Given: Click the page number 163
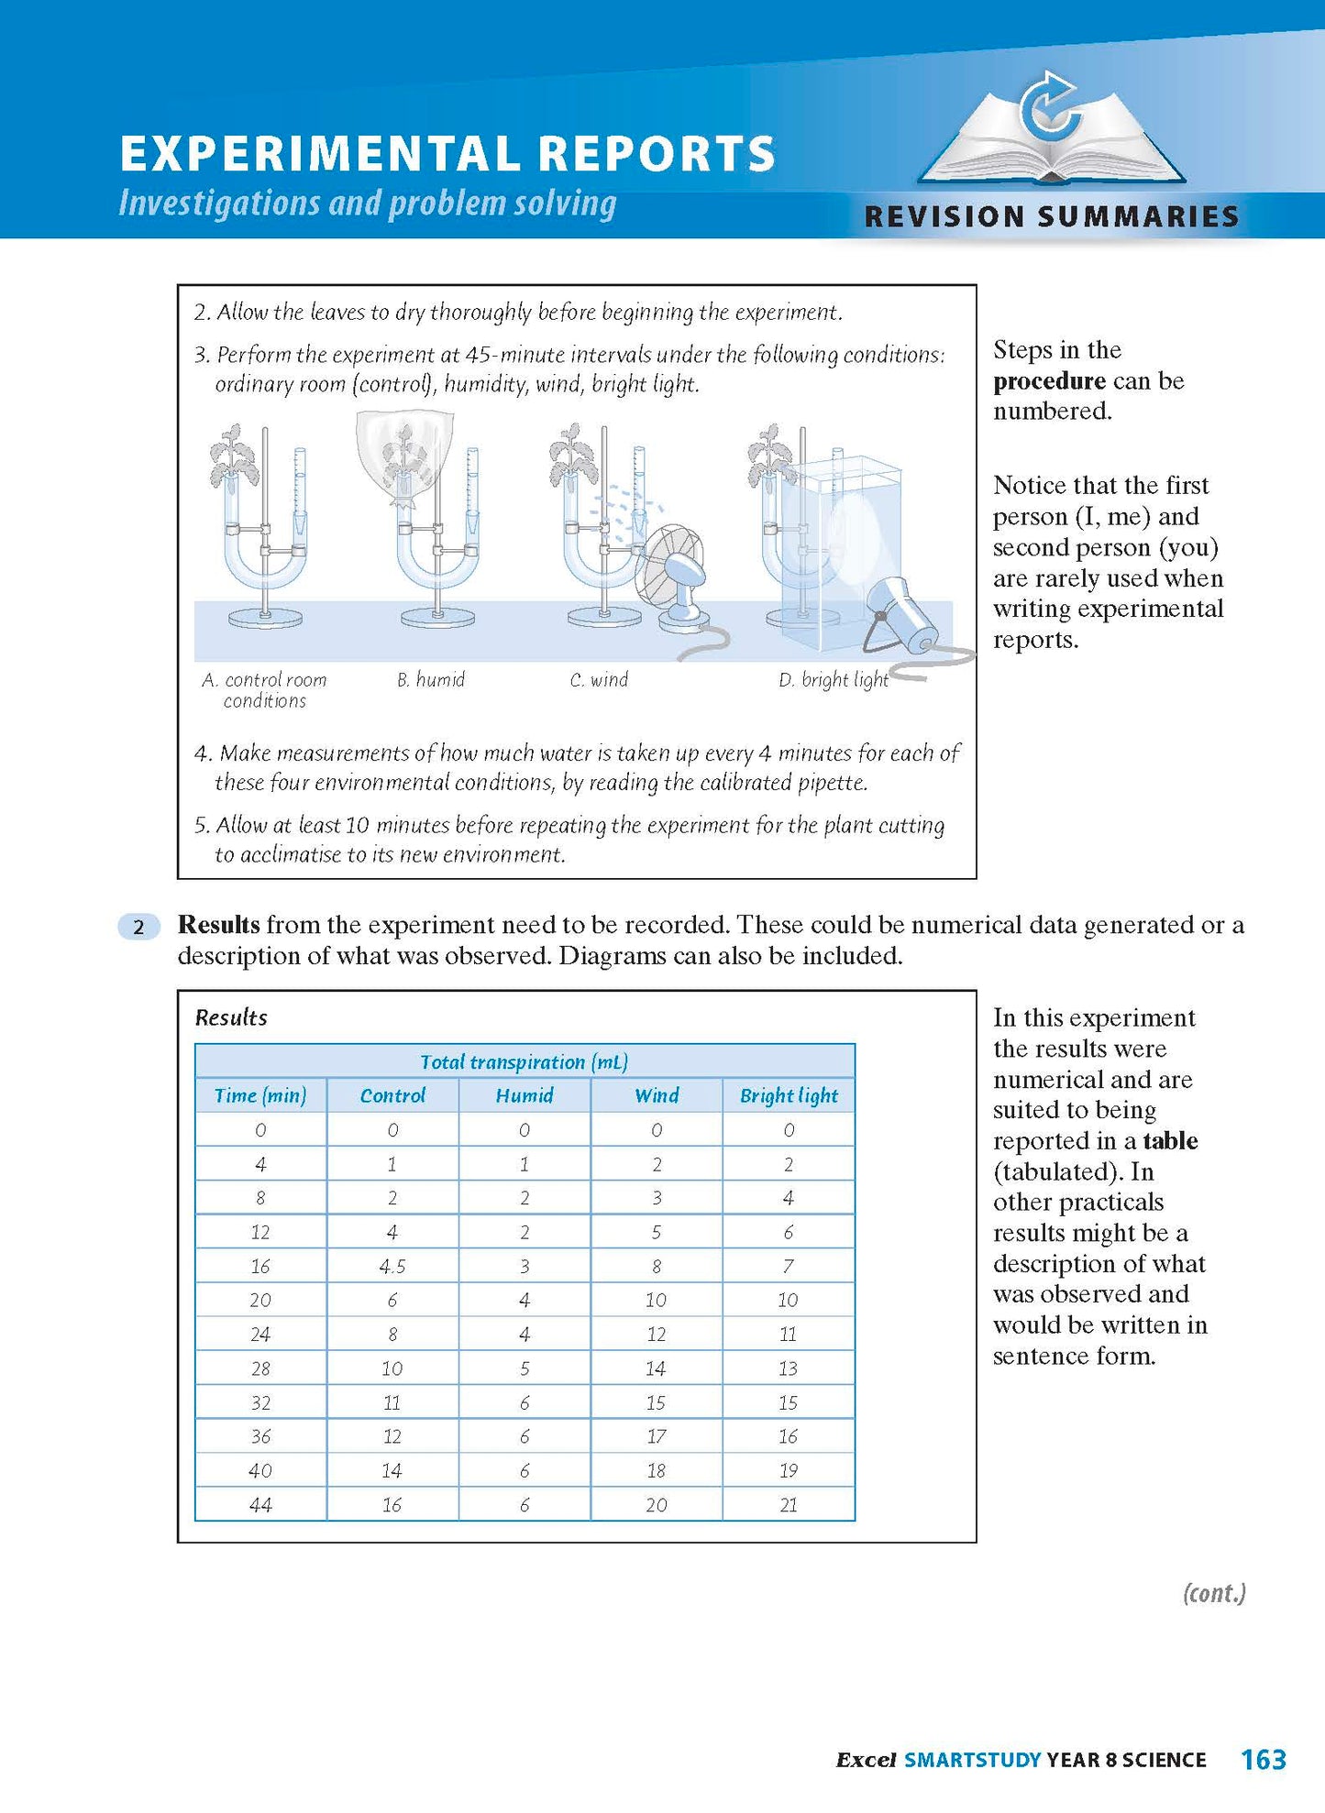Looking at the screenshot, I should [x=1263, y=1759].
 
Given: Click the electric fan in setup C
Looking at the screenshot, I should [x=671, y=574].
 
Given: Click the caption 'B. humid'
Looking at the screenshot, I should [x=431, y=679].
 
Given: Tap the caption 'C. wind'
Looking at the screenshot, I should [x=599, y=679].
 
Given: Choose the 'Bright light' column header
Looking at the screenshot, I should [x=789, y=1095].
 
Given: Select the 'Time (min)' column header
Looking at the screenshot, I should [x=260, y=1095].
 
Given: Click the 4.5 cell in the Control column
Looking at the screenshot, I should [x=392, y=1266].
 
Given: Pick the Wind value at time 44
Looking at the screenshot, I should [x=657, y=1504].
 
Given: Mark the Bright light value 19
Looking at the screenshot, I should [x=789, y=1470].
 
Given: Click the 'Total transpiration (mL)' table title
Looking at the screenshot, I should [x=524, y=1061].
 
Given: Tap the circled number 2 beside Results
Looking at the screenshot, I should [x=138, y=927].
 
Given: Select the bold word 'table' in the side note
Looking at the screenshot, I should [x=1170, y=1140].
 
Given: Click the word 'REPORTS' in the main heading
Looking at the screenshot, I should [x=657, y=153].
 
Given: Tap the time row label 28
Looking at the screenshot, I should [x=260, y=1368].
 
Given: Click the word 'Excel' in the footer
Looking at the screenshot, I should [x=866, y=1760].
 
